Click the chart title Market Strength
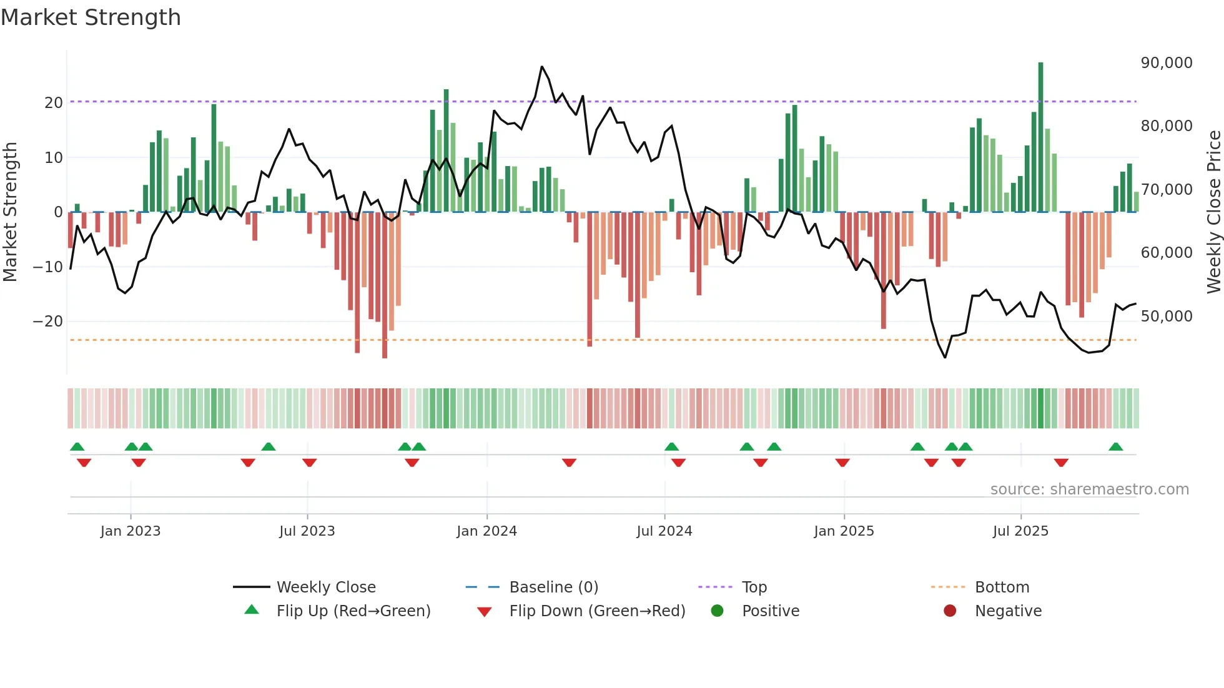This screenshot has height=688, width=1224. pyautogui.click(x=91, y=17)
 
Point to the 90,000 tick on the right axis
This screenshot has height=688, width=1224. pyautogui.click(x=1166, y=63)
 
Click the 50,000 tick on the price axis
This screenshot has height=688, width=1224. pyautogui.click(x=1166, y=317)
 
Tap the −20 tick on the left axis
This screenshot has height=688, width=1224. pyautogui.click(x=48, y=322)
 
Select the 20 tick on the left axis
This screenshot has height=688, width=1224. pyautogui.click(x=54, y=103)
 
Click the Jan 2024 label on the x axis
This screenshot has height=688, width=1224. pyautogui.click(x=486, y=531)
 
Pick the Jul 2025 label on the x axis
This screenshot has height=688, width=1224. pyautogui.click(x=1020, y=531)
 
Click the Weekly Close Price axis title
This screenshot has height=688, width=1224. pyautogui.click(x=1213, y=212)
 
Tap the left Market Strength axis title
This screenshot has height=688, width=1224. pyautogui.click(x=10, y=212)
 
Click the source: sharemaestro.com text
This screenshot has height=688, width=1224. pyautogui.click(x=1089, y=489)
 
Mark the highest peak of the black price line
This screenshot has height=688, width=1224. pyautogui.click(x=541, y=67)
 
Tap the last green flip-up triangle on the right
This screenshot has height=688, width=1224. pyautogui.click(x=1115, y=447)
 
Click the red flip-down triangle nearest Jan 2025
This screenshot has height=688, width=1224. pyautogui.click(x=842, y=463)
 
